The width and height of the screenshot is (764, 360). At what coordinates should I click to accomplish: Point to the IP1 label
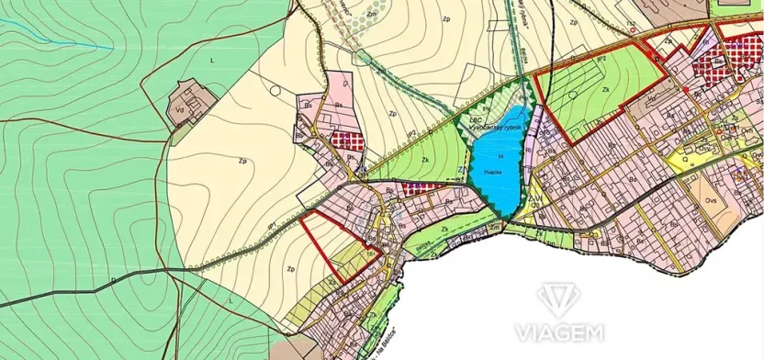[273, 225]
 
